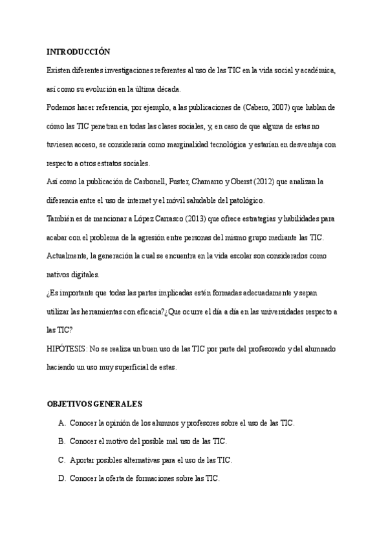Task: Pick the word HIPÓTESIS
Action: click(67, 349)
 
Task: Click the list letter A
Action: click(61, 423)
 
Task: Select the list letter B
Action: click(61, 441)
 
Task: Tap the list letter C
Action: click(61, 460)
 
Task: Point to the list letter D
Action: click(61, 479)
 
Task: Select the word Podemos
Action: click(62, 107)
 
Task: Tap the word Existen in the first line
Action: click(59, 70)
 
